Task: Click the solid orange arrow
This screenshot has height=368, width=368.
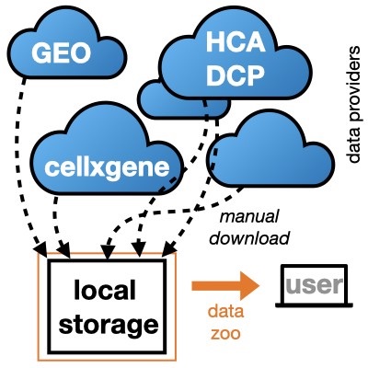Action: (x=222, y=286)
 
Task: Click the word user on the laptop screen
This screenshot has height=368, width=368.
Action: (x=313, y=282)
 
